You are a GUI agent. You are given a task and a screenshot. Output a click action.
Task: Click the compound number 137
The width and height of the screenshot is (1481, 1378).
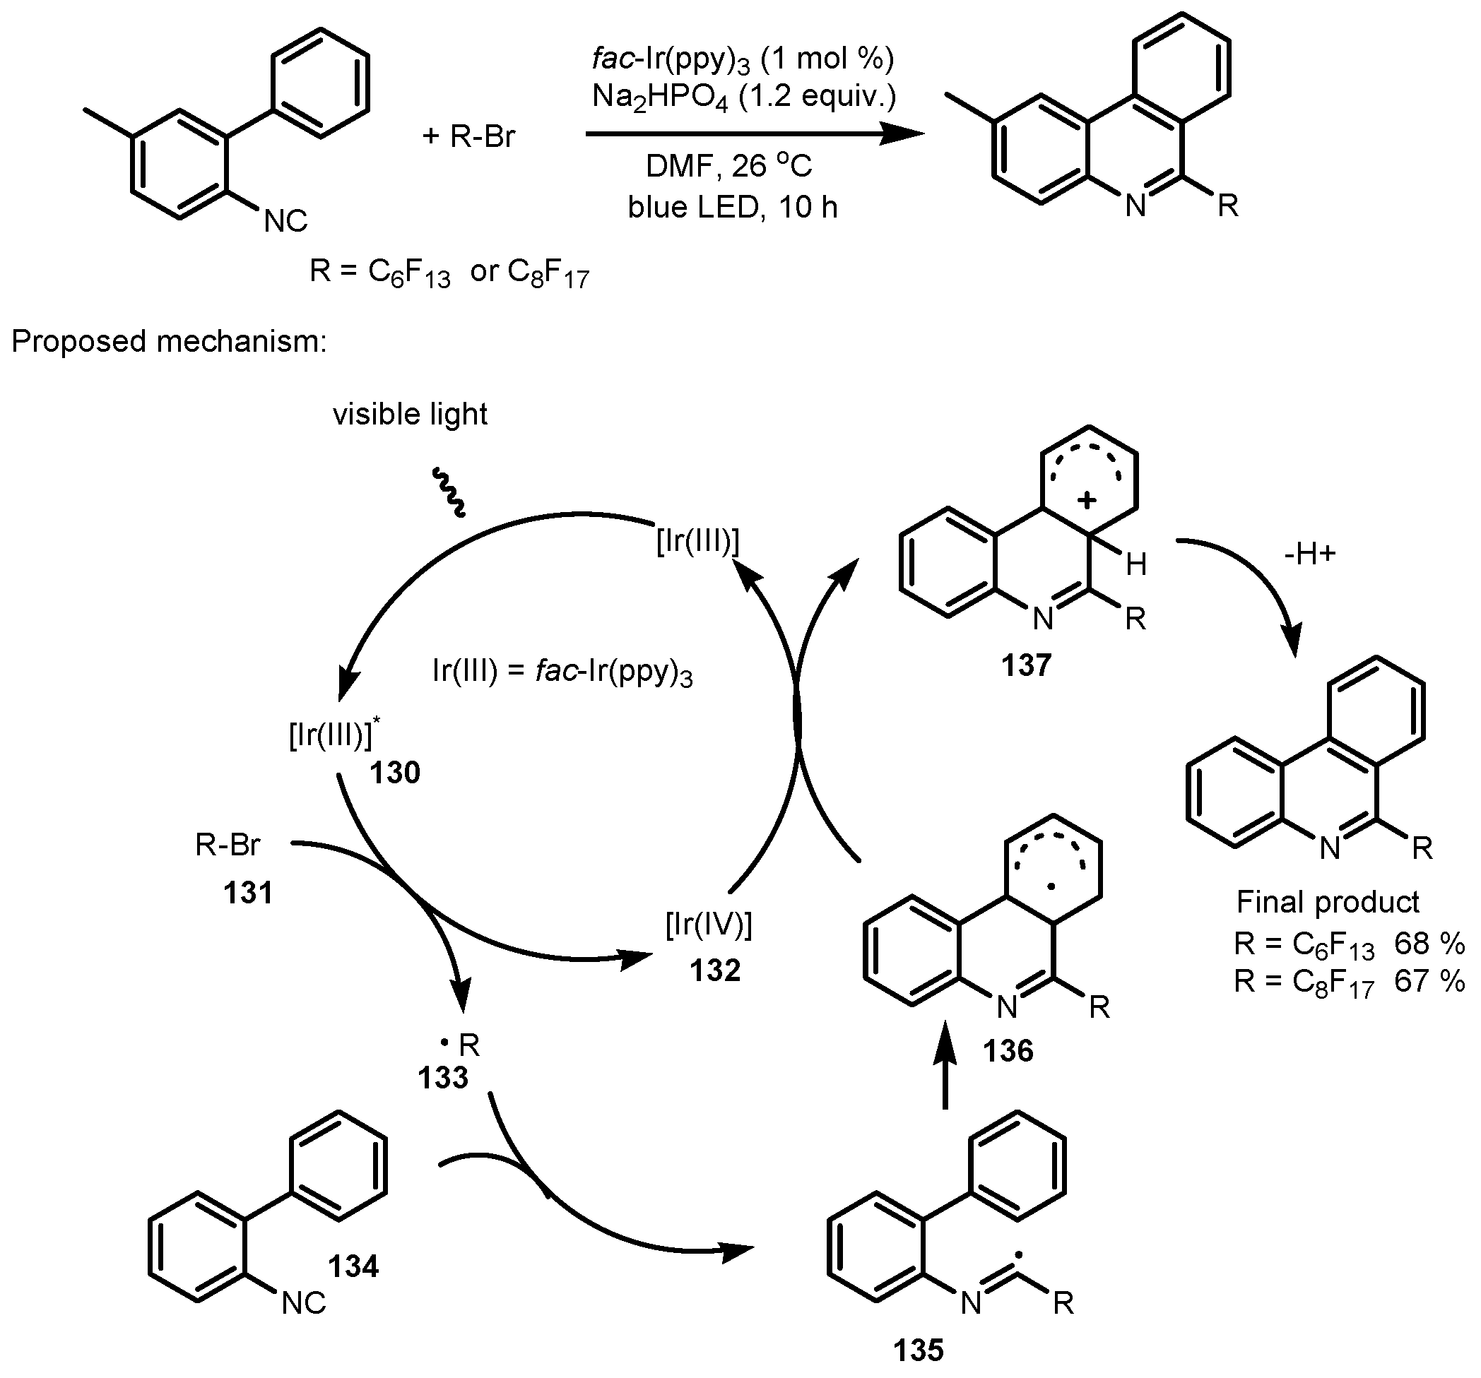[1026, 665]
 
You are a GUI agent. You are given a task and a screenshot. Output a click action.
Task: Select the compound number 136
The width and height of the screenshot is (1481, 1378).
[1008, 1051]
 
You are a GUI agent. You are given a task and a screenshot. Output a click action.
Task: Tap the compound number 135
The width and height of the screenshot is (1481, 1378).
[919, 1350]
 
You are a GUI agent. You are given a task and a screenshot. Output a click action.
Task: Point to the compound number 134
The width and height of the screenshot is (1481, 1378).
[353, 1266]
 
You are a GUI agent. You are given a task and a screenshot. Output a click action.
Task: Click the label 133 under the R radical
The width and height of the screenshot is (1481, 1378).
[443, 1078]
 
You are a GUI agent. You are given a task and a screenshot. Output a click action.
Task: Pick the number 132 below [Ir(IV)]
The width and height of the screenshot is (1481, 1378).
[715, 970]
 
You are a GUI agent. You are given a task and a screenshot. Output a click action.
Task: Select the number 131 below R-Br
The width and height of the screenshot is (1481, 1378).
[248, 891]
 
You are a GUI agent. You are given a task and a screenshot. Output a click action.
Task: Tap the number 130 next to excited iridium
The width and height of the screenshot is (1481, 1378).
[395, 773]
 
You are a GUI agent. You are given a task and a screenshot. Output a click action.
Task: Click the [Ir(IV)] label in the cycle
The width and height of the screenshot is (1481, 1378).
[709, 926]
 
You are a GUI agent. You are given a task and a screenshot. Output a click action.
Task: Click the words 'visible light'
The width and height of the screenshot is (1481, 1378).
[410, 414]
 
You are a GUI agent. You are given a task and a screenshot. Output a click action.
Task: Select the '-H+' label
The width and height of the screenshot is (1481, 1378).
[1311, 554]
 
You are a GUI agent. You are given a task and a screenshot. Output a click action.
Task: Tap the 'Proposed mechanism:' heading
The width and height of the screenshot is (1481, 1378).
[169, 341]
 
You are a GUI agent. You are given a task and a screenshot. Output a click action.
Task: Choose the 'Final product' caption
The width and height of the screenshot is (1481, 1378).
[1328, 902]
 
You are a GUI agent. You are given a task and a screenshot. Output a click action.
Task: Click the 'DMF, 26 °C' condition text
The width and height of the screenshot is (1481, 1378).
[728, 166]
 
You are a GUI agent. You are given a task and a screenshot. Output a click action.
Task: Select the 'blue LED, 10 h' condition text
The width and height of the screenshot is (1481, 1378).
[732, 207]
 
